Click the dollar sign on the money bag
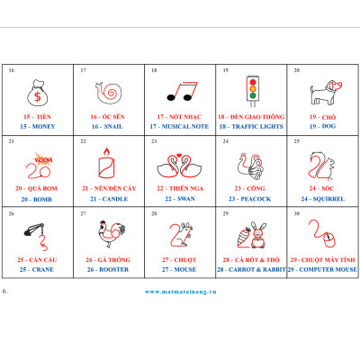38,96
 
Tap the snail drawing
109,93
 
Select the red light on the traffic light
253,82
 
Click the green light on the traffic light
253,95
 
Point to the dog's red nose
338,85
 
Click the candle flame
106,152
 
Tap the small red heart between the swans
179,156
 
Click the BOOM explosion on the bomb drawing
43,159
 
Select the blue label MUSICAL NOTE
184,127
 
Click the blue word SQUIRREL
328,199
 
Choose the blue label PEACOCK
256,199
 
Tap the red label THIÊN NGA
186,188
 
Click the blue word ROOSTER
113,269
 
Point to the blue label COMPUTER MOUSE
328,269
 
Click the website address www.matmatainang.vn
180,292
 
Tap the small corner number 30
297,213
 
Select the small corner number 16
12,70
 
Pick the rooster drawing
112,234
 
